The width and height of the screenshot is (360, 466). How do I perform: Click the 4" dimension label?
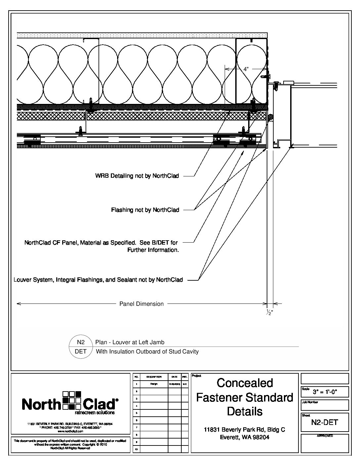[246, 69]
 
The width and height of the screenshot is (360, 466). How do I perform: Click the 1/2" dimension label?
[270, 313]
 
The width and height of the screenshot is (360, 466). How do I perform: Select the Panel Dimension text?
[141, 304]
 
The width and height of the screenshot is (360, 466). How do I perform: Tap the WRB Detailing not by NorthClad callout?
[137, 176]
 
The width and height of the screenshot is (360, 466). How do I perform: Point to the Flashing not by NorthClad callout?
[145, 210]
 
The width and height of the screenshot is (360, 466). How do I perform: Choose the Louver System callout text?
[98, 280]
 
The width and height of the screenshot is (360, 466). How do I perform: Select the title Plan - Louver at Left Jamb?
[130, 342]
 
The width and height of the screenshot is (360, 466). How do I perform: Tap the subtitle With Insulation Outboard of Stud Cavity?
[147, 351]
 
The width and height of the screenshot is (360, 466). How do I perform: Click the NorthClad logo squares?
[72, 400]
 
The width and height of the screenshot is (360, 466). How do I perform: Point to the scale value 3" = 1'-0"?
[325, 393]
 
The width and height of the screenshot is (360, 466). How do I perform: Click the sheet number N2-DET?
[325, 422]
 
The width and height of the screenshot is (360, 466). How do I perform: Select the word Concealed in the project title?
[245, 383]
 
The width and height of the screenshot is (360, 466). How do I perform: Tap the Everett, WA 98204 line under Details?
[245, 437]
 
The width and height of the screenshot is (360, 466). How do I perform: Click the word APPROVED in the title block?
[325, 436]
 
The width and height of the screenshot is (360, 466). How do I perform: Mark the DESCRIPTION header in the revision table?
[154, 377]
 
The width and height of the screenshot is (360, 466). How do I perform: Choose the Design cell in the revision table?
[154, 384]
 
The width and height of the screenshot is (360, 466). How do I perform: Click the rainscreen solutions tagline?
[95, 413]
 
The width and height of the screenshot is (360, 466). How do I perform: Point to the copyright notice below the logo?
[70, 444]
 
